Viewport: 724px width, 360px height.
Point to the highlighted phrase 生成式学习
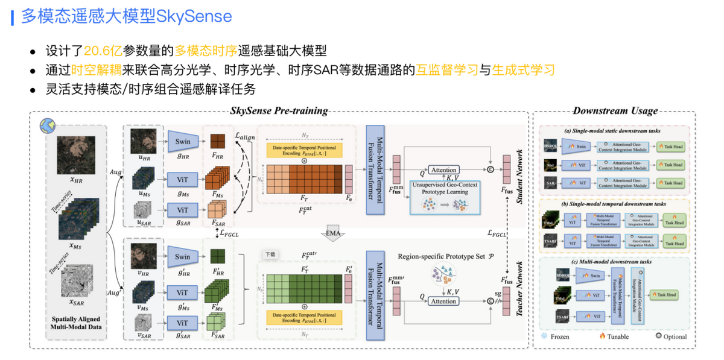[x=523, y=69]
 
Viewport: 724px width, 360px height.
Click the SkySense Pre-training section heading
[x=279, y=111]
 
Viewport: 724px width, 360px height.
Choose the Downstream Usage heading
[x=615, y=111]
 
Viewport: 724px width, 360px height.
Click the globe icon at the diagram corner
[x=46, y=125]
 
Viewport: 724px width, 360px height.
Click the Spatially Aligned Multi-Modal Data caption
[x=76, y=323]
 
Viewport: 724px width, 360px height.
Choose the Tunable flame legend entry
[x=614, y=336]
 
